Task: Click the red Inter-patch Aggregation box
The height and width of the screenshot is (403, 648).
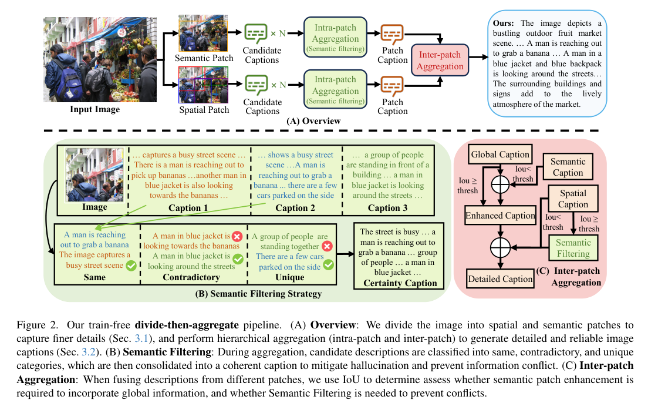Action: click(440, 61)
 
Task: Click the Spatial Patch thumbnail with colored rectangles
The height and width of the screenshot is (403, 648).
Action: click(203, 85)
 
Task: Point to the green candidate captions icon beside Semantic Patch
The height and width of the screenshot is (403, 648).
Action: click(256, 33)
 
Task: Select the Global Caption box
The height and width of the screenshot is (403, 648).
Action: click(500, 155)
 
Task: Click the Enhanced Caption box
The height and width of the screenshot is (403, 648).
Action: click(500, 216)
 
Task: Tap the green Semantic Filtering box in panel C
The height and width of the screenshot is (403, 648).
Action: click(573, 248)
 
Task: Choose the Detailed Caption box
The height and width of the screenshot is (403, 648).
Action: click(500, 279)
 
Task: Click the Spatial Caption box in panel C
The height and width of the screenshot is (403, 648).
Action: click(573, 199)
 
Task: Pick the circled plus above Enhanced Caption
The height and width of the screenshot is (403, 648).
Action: click(500, 183)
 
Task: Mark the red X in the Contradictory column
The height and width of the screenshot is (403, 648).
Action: click(237, 236)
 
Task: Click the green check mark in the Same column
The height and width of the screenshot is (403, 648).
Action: click(132, 266)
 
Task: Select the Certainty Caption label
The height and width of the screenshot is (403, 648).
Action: click(400, 283)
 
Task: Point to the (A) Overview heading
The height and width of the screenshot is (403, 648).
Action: click(313, 121)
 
